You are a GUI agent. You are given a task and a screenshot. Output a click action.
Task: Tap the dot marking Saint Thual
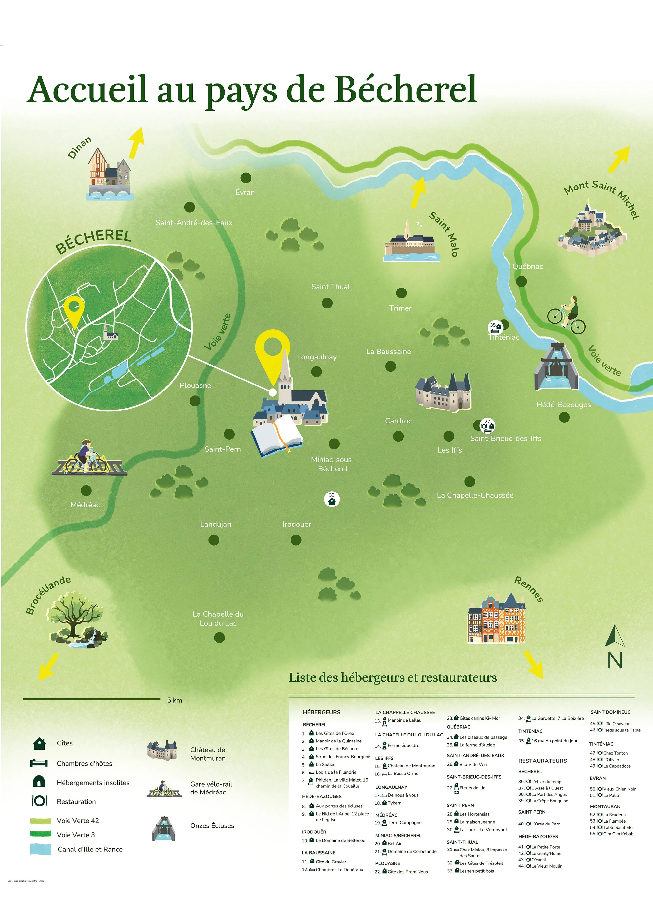pos(327,303)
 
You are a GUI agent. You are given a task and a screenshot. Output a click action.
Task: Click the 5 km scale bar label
pos(175,700)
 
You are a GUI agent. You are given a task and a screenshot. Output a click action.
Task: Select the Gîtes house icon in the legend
pos(39,743)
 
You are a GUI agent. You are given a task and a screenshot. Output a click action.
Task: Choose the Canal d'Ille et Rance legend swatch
pos(41,849)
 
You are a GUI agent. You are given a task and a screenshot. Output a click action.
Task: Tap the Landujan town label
pos(216,524)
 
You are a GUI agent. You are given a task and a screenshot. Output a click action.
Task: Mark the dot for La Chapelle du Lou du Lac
pos(219,637)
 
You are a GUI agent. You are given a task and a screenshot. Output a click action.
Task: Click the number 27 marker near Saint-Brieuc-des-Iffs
pos(487,425)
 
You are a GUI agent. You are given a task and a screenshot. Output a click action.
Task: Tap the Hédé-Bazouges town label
pos(563,405)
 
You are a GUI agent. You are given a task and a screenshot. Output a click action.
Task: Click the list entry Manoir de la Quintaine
pos(338,741)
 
